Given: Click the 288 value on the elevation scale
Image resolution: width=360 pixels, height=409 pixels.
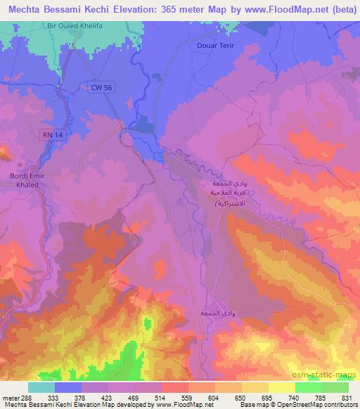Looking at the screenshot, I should click(26, 398).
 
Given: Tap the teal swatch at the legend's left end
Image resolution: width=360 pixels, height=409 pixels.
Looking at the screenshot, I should click(41, 387).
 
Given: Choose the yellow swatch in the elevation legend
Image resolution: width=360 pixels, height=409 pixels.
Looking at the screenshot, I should click(282, 387).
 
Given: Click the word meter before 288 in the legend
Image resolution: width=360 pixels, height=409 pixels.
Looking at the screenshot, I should click(10, 398).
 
